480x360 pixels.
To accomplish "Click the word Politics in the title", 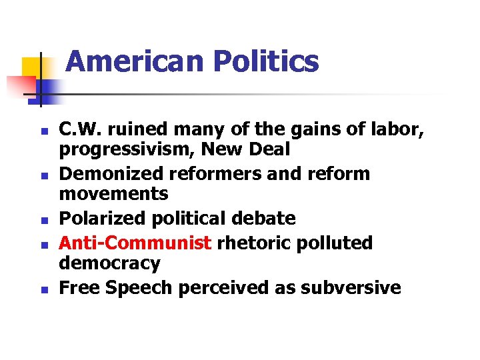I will (267, 62).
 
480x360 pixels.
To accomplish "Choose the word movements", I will (113, 194).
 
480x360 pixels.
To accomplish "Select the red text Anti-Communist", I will (135, 243).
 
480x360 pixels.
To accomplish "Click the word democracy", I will (109, 263).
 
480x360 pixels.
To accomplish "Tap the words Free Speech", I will (113, 287).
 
